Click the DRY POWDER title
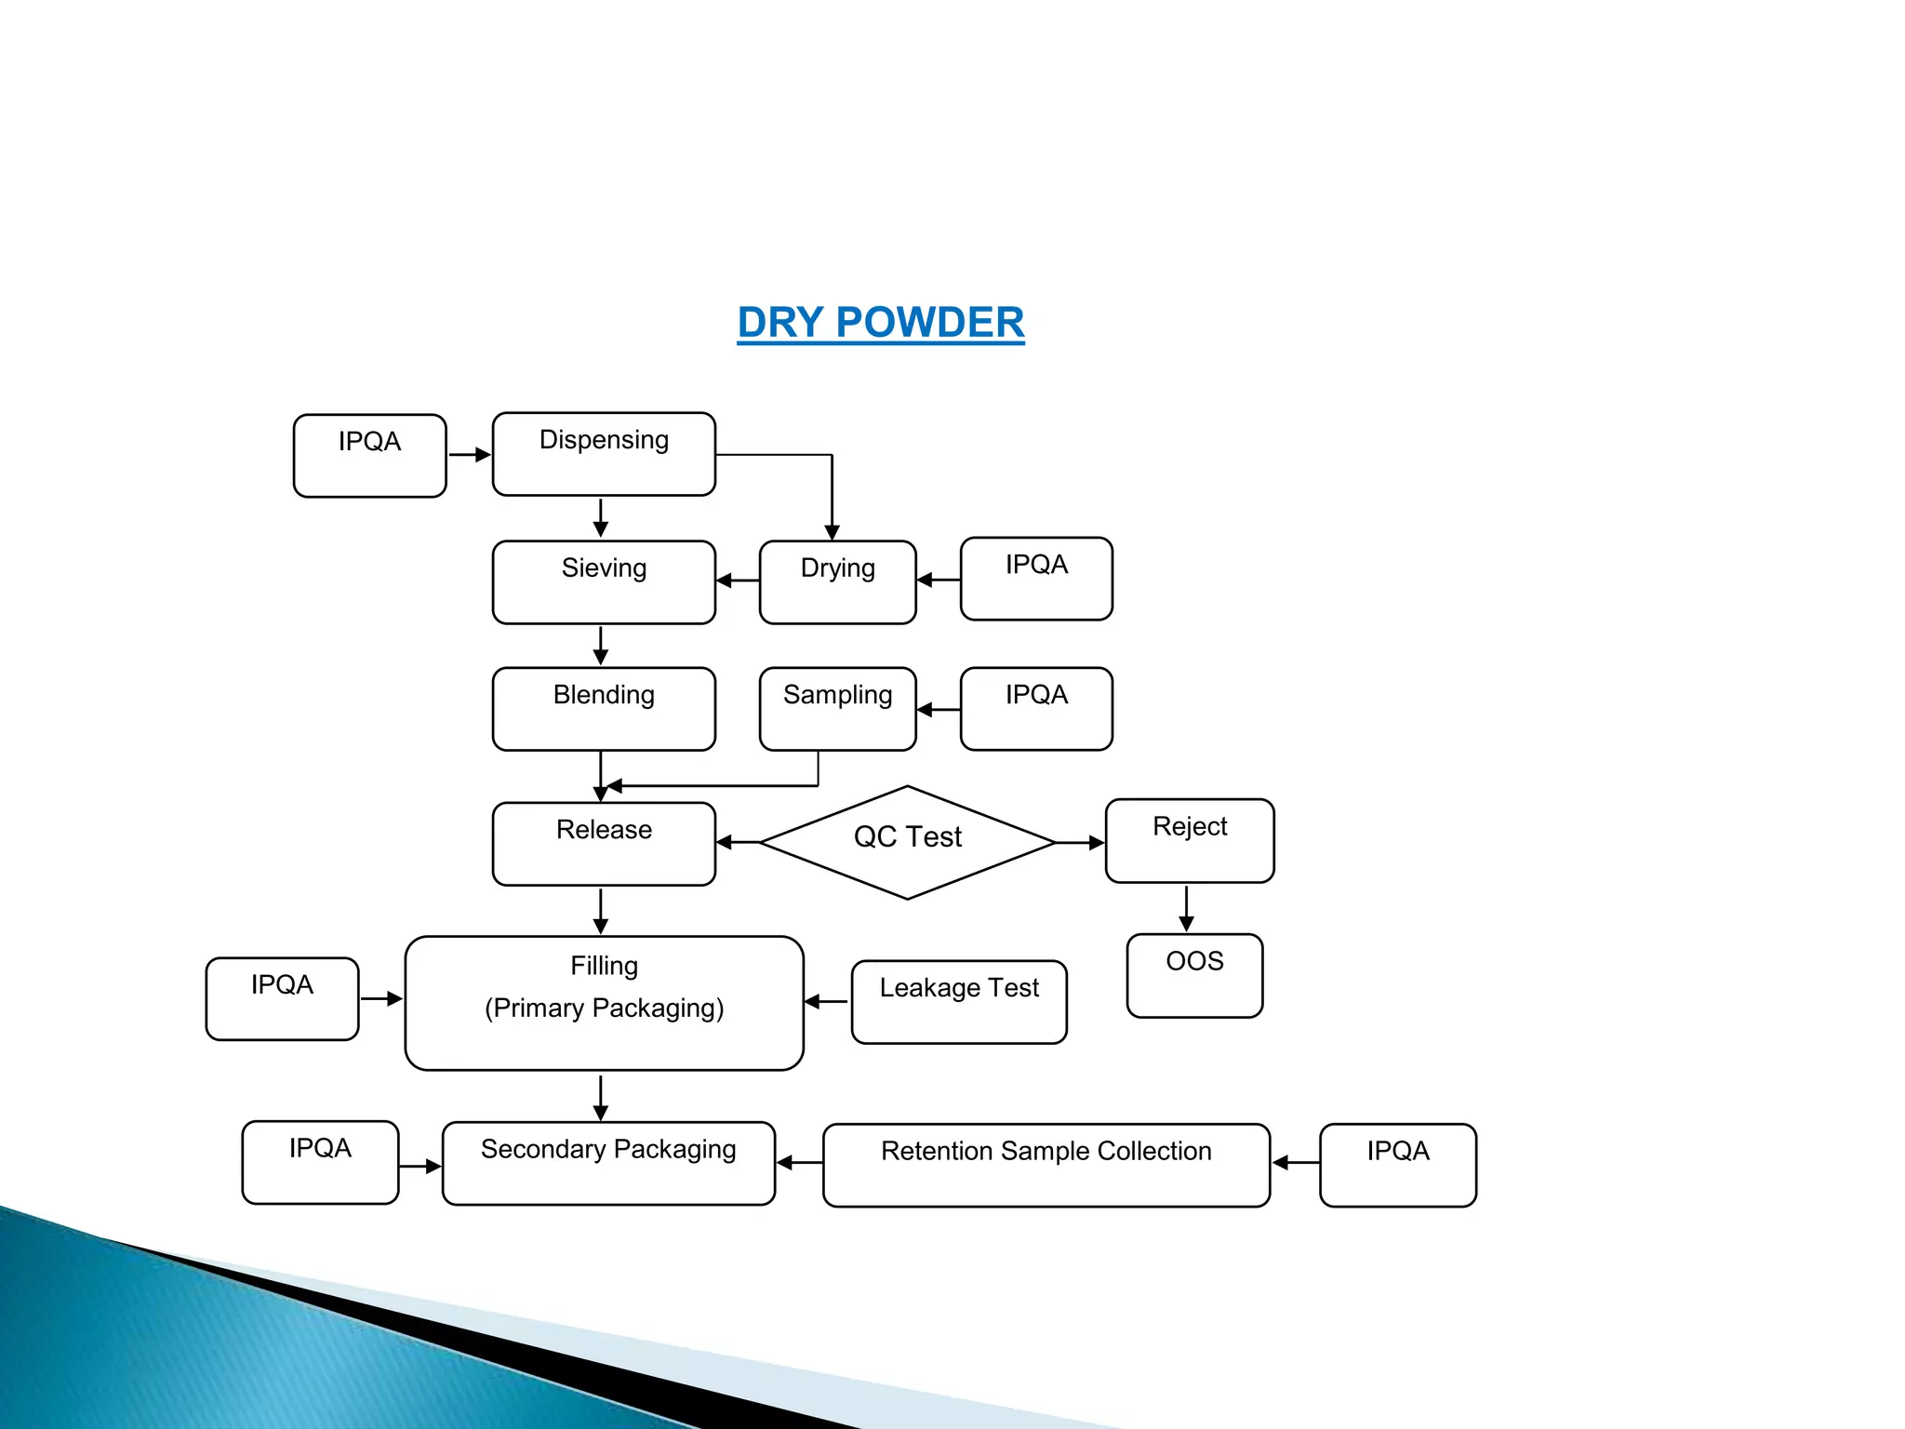880,323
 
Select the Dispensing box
604,454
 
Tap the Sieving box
604,581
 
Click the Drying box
837,581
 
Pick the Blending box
604,708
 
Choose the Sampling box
837,708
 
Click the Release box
604,843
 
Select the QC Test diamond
908,842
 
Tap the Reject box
1190,840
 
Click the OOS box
1194,975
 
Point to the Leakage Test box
959,1001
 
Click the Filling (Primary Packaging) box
604,1002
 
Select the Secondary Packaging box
608,1163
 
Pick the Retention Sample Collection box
1046,1165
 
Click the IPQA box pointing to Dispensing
369,455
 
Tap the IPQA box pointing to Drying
1036,578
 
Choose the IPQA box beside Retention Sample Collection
1397,1165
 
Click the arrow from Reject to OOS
1186,908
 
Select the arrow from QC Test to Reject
1080,843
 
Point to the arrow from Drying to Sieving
738,581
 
